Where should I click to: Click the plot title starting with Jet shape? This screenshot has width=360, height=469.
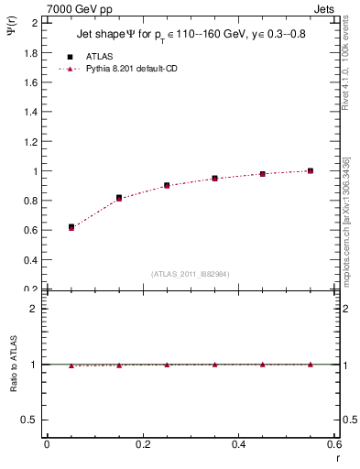tap(192, 35)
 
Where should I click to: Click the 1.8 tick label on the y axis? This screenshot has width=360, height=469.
tap(31, 52)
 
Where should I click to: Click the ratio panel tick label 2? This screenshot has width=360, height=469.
tap(36, 309)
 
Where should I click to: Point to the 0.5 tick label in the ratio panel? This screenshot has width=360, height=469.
tap(31, 420)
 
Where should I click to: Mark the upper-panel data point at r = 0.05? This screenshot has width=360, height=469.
tap(71, 226)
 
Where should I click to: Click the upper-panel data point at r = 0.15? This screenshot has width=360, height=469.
tap(119, 197)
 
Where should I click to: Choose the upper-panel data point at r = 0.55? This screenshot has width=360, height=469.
tap(311, 170)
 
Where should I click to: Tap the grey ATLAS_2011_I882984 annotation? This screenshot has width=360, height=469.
tap(191, 273)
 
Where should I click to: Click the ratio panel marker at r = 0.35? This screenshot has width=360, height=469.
tap(214, 364)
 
